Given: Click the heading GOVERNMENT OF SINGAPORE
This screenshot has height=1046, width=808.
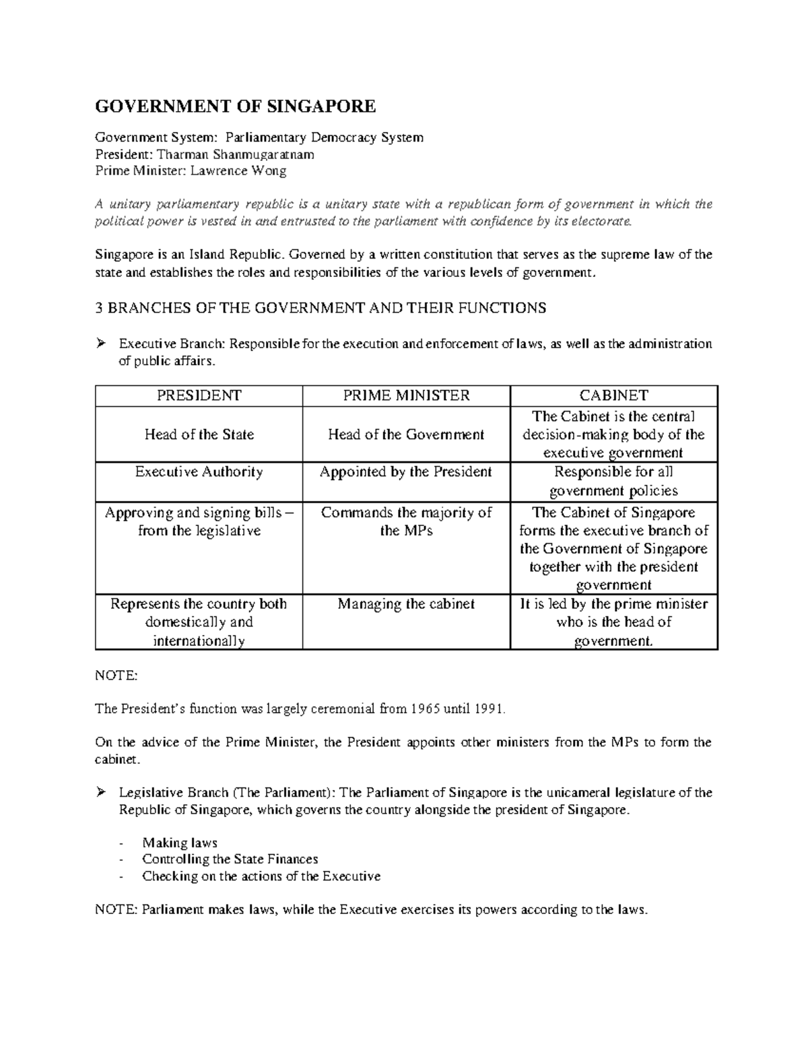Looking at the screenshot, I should (235, 106).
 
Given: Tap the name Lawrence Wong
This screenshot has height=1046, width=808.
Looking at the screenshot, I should (238, 170).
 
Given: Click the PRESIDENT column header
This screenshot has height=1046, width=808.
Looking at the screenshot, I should (199, 395).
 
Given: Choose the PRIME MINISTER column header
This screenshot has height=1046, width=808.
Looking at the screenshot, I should (406, 395).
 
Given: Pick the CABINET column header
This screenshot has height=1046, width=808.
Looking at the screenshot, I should (613, 395).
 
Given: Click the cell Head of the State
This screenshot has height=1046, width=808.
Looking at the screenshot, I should (199, 434).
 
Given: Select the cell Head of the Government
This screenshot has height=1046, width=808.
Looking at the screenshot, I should (406, 434).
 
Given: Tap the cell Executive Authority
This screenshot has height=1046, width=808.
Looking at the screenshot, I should (199, 471).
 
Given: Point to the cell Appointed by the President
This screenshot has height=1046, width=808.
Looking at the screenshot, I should (406, 471).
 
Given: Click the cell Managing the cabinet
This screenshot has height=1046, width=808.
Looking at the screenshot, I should (406, 604).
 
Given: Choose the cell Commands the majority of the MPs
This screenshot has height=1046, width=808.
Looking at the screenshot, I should (406, 521).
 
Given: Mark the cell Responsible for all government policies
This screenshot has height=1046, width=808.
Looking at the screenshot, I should (613, 481).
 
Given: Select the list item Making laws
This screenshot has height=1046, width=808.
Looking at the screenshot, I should (179, 843).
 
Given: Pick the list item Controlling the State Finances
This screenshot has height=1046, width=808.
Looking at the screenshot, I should (230, 859).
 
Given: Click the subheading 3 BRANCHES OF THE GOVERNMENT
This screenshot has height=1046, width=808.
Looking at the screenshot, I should (321, 308).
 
